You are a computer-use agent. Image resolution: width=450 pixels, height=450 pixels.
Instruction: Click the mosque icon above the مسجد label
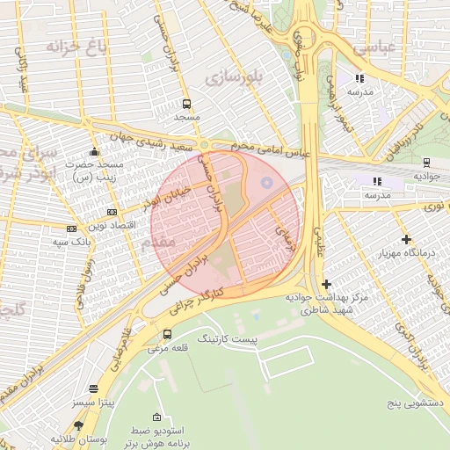[186, 104]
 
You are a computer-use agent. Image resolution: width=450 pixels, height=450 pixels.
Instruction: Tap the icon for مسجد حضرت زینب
[95, 152]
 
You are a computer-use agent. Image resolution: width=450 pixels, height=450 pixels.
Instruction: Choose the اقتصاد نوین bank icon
[111, 212]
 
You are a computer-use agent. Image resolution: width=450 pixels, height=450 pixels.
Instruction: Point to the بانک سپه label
[91, 240]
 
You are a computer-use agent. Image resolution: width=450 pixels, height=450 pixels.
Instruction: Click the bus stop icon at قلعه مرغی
[167, 334]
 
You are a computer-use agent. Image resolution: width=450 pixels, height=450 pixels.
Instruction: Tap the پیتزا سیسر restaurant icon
[94, 388]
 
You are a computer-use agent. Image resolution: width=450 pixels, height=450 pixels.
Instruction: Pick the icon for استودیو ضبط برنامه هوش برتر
[156, 417]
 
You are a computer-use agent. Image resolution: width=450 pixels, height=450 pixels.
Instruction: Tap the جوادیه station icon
[426, 162]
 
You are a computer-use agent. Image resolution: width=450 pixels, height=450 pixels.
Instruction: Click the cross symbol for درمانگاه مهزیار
[405, 239]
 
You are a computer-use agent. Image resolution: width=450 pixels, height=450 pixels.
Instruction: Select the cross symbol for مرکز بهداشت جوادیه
[326, 284]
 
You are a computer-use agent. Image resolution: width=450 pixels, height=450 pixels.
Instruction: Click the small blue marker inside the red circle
[267, 183]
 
